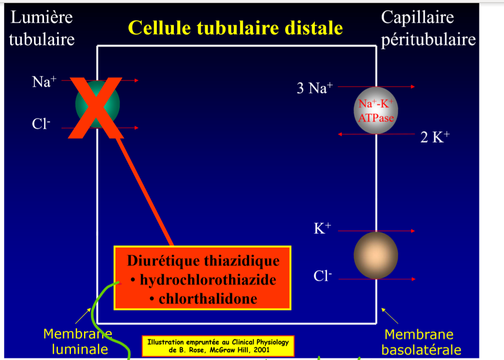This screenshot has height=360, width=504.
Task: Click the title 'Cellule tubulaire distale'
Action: click(x=235, y=28)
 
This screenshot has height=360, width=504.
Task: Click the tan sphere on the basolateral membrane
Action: click(x=375, y=255)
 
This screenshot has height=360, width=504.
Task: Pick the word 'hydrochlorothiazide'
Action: click(x=208, y=279)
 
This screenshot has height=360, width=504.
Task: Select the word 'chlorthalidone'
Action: click(x=208, y=299)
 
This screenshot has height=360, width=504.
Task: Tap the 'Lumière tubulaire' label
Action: click(x=41, y=28)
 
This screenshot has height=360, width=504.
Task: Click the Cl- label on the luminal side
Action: click(x=41, y=124)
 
